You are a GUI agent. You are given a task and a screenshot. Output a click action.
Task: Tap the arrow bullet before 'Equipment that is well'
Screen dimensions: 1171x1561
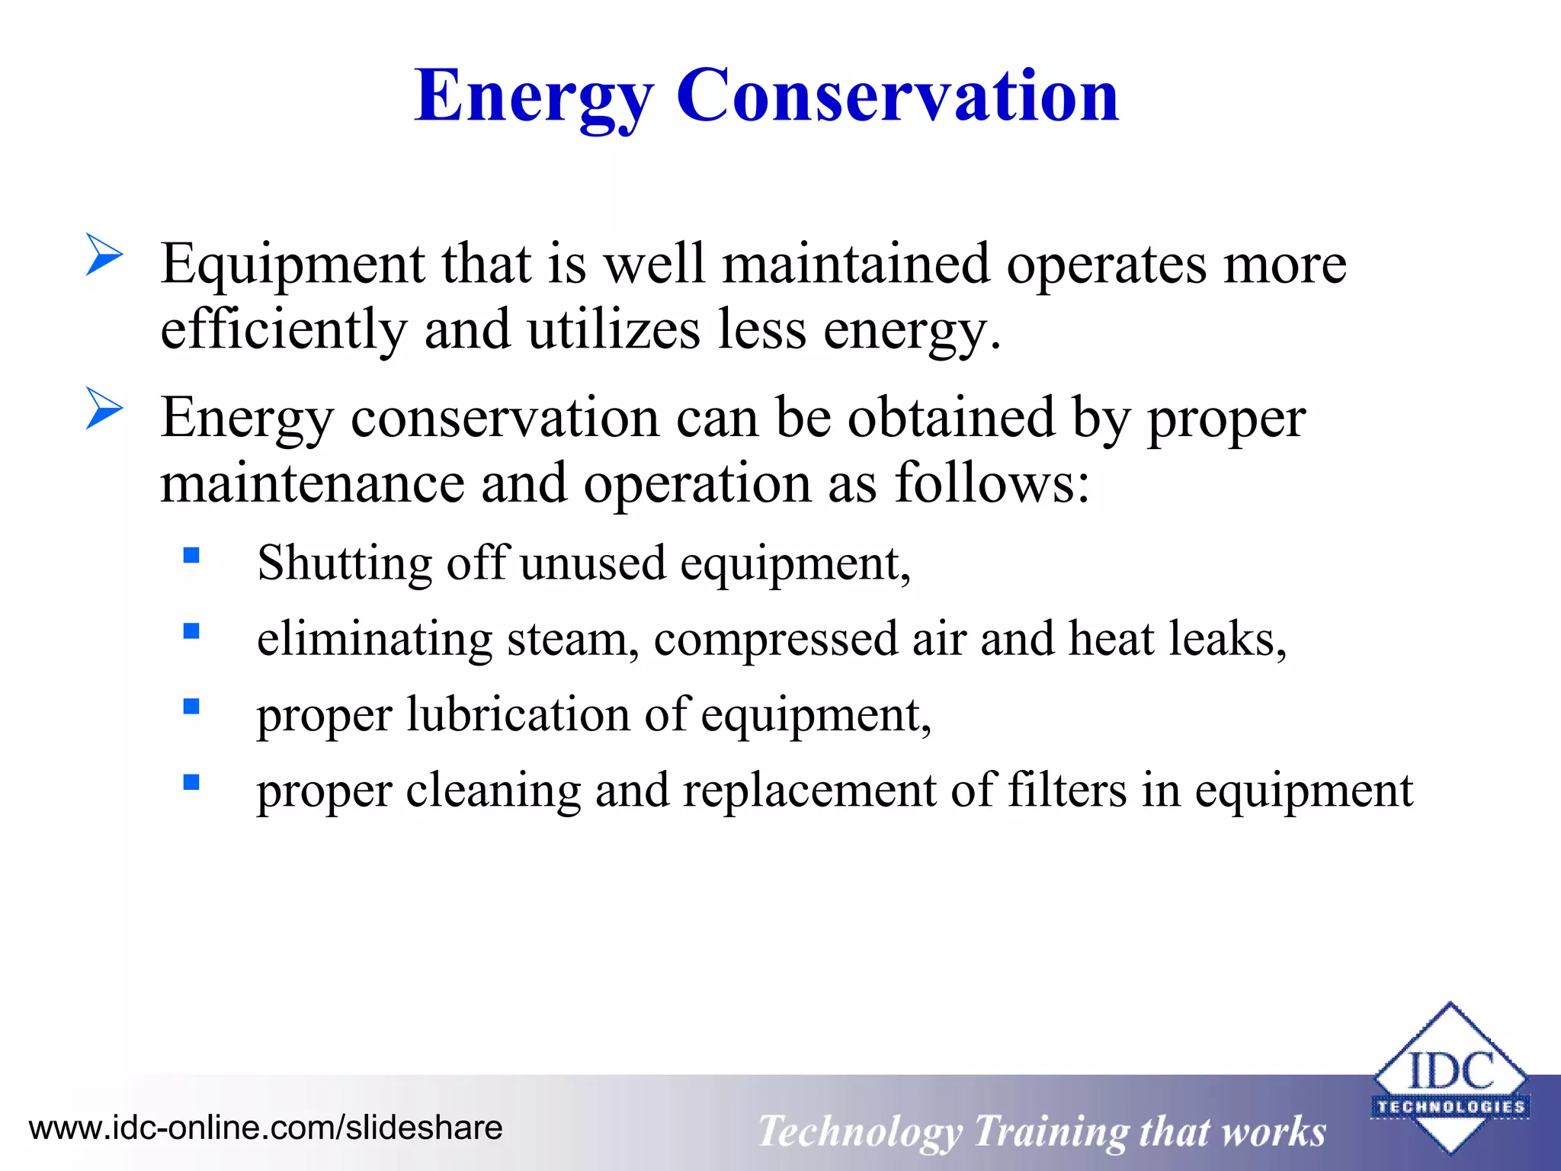tap(104, 255)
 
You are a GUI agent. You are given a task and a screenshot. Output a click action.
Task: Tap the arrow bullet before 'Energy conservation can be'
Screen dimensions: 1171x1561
tap(104, 409)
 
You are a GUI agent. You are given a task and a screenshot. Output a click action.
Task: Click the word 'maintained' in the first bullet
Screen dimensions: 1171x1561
tap(855, 264)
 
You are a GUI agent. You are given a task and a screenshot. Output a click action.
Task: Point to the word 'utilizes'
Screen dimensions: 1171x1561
tap(614, 330)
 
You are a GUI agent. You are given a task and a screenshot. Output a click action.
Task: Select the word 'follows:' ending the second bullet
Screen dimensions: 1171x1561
tap(992, 483)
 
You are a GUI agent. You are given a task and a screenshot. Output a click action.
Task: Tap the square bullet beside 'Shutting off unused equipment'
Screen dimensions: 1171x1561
tap(191, 555)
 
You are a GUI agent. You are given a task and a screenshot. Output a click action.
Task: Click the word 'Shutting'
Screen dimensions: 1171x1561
tap(345, 564)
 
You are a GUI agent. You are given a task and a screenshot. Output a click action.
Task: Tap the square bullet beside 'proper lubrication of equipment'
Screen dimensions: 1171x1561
tap(191, 706)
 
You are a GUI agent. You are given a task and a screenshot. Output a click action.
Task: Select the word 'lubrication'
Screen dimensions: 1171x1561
tap(518, 715)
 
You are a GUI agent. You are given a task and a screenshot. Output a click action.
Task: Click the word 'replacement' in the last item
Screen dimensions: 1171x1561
tap(809, 791)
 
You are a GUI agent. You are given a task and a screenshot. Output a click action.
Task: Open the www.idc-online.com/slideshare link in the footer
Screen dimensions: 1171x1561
tap(265, 1128)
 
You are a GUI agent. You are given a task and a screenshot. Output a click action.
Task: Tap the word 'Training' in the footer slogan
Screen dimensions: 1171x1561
tap(1050, 1131)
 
